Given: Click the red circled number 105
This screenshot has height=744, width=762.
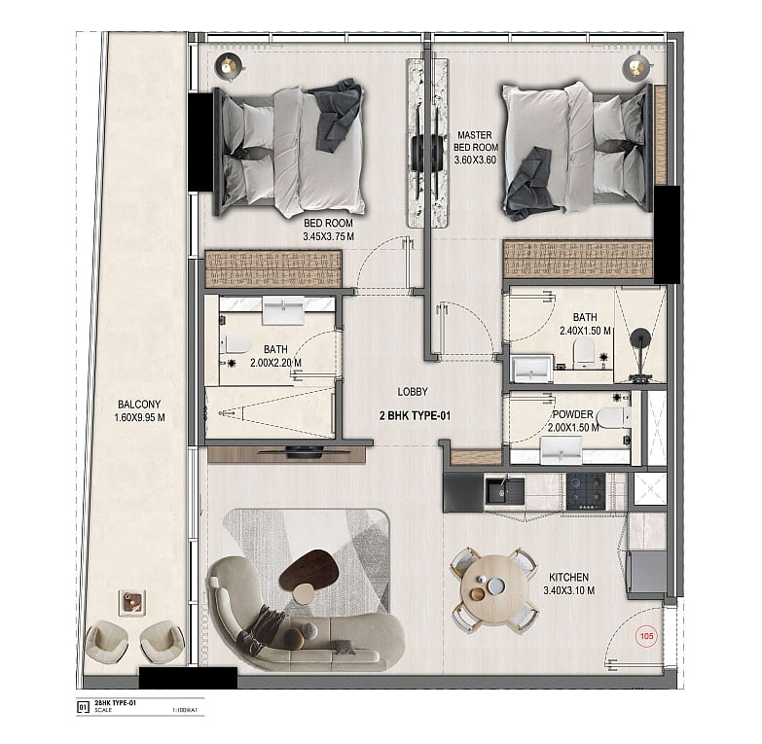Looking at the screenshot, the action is tap(646, 636).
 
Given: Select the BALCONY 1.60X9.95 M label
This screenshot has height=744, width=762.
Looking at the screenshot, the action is tap(139, 410).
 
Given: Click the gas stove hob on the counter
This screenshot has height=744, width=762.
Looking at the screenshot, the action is tap(586, 491).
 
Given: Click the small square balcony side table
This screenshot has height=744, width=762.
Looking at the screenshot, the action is tap(132, 603).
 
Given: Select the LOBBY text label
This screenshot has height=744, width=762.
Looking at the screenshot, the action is tap(413, 392).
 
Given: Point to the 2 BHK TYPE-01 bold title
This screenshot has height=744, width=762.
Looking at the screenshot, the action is tap(415, 415).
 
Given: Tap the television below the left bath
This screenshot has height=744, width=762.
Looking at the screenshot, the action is tap(304, 452).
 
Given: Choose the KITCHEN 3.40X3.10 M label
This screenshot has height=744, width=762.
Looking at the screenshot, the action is tap(568, 584).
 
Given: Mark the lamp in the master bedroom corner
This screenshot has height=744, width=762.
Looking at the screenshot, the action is tap(635, 65).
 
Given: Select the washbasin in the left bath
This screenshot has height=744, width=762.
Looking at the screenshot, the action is tap(283, 310).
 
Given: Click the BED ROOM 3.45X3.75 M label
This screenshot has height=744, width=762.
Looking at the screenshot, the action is tap(328, 230).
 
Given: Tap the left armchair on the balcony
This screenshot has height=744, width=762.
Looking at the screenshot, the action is tap(106, 642).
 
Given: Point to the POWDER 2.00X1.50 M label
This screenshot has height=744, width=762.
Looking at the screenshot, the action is tap(573, 421).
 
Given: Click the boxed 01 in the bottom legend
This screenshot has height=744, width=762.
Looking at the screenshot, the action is tap(83, 707).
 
